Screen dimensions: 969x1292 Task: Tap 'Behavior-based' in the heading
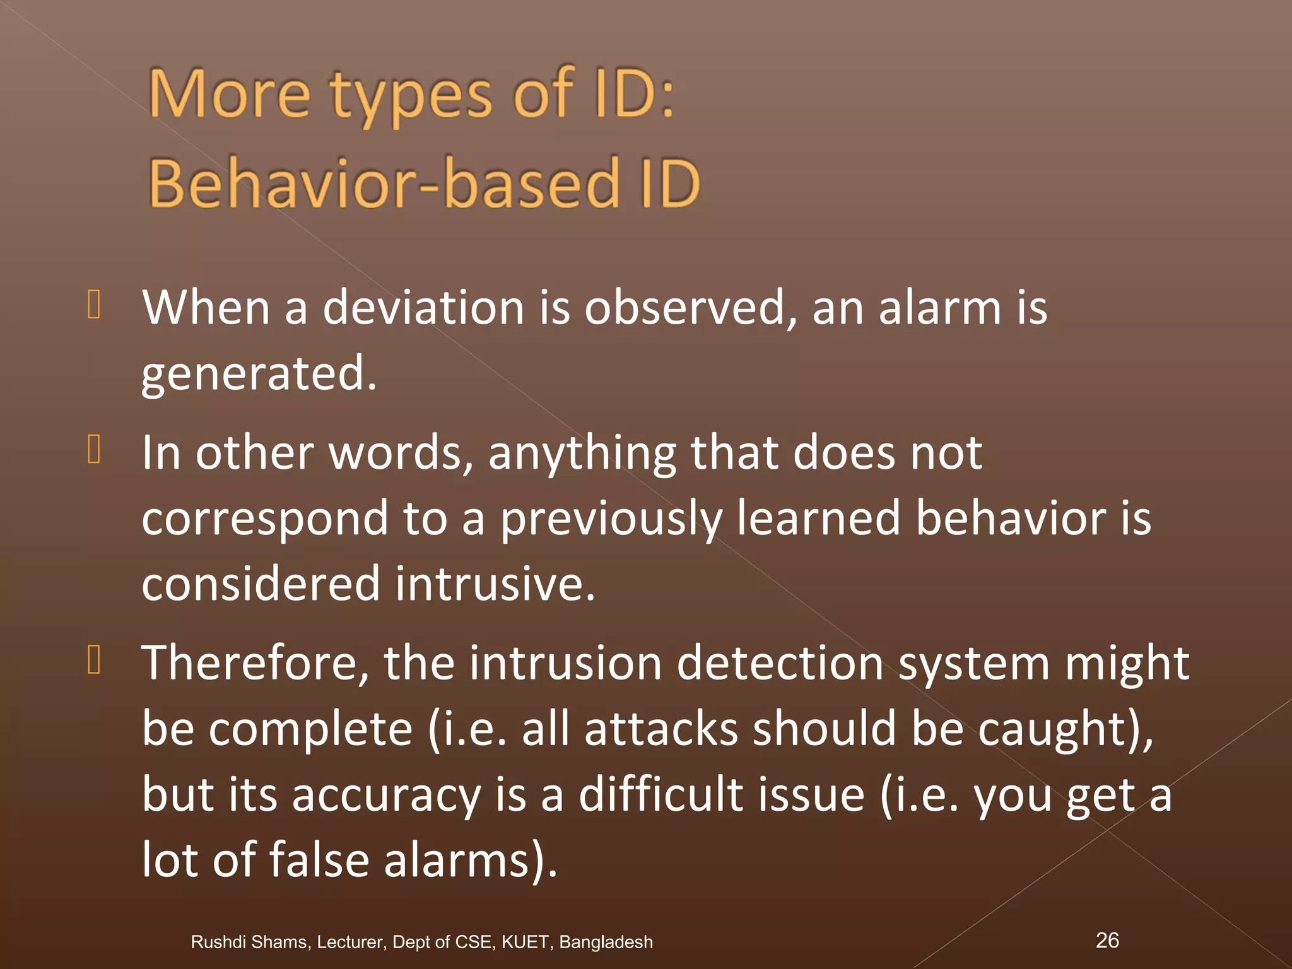[x=384, y=184]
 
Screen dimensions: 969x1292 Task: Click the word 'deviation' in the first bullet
[x=423, y=308]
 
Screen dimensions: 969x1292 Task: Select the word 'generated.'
[x=259, y=373]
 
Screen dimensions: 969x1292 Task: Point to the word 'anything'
[x=582, y=454]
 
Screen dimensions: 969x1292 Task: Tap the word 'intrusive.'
[x=495, y=584]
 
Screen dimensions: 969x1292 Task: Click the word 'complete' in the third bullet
[x=310, y=729]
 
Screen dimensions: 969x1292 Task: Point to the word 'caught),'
[x=1066, y=729]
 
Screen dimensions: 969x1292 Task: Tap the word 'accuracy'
[x=386, y=795]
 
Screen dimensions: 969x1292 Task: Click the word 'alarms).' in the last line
[x=471, y=860]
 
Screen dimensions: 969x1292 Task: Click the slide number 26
[x=1107, y=939]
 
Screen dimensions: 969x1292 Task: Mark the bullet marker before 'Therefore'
[x=94, y=660]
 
